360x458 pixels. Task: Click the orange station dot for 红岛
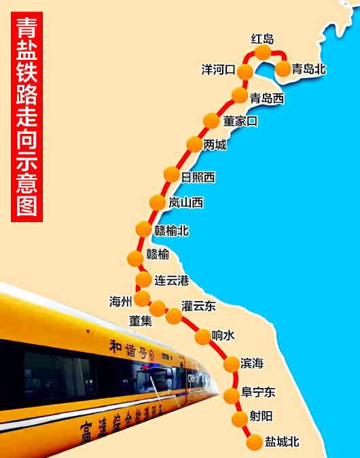(262, 52)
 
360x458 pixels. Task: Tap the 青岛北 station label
(309, 68)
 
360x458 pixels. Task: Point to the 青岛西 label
(266, 99)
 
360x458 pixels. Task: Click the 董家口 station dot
(212, 122)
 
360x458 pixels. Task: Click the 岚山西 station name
(185, 202)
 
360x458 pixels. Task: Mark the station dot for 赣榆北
(143, 229)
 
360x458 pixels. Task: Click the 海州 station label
(121, 301)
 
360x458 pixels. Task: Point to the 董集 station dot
(158, 309)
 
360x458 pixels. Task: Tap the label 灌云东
(198, 306)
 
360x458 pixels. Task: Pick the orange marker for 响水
(203, 336)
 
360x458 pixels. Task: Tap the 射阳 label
(261, 417)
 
